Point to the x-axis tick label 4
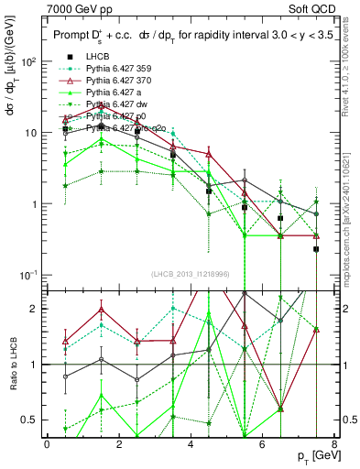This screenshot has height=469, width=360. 191,444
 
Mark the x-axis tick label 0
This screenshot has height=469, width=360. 47,444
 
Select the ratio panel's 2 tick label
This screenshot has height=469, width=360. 30,309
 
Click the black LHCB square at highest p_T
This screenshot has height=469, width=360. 316,249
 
